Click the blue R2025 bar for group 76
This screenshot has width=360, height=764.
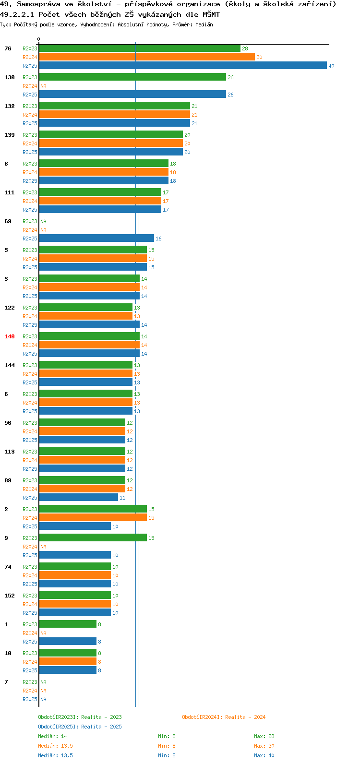tap(183, 65)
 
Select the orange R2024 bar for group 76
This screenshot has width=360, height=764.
tap(147, 57)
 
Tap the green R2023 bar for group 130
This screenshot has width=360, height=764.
tap(133, 77)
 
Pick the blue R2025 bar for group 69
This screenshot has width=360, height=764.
tap(96, 238)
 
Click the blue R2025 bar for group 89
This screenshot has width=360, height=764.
tap(79, 497)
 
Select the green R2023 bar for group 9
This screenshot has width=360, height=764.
tap(93, 537)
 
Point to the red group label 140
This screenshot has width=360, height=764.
tap(10, 336)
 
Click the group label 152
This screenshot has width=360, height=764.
tap(10, 596)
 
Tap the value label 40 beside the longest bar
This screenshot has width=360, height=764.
tap(331, 66)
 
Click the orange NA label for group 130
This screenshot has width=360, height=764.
tap(43, 86)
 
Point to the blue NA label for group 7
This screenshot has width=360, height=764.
tap(43, 699)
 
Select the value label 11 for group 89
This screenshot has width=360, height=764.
tap(122, 498)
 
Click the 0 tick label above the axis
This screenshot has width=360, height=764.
tap(38, 39)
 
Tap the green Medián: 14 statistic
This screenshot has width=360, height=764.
tap(52, 736)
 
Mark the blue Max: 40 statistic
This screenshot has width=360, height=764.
tap(264, 755)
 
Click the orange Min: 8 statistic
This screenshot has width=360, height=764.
tap(167, 746)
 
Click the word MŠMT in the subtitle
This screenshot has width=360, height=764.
tap(211, 14)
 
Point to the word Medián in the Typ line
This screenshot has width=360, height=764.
tap(204, 24)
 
